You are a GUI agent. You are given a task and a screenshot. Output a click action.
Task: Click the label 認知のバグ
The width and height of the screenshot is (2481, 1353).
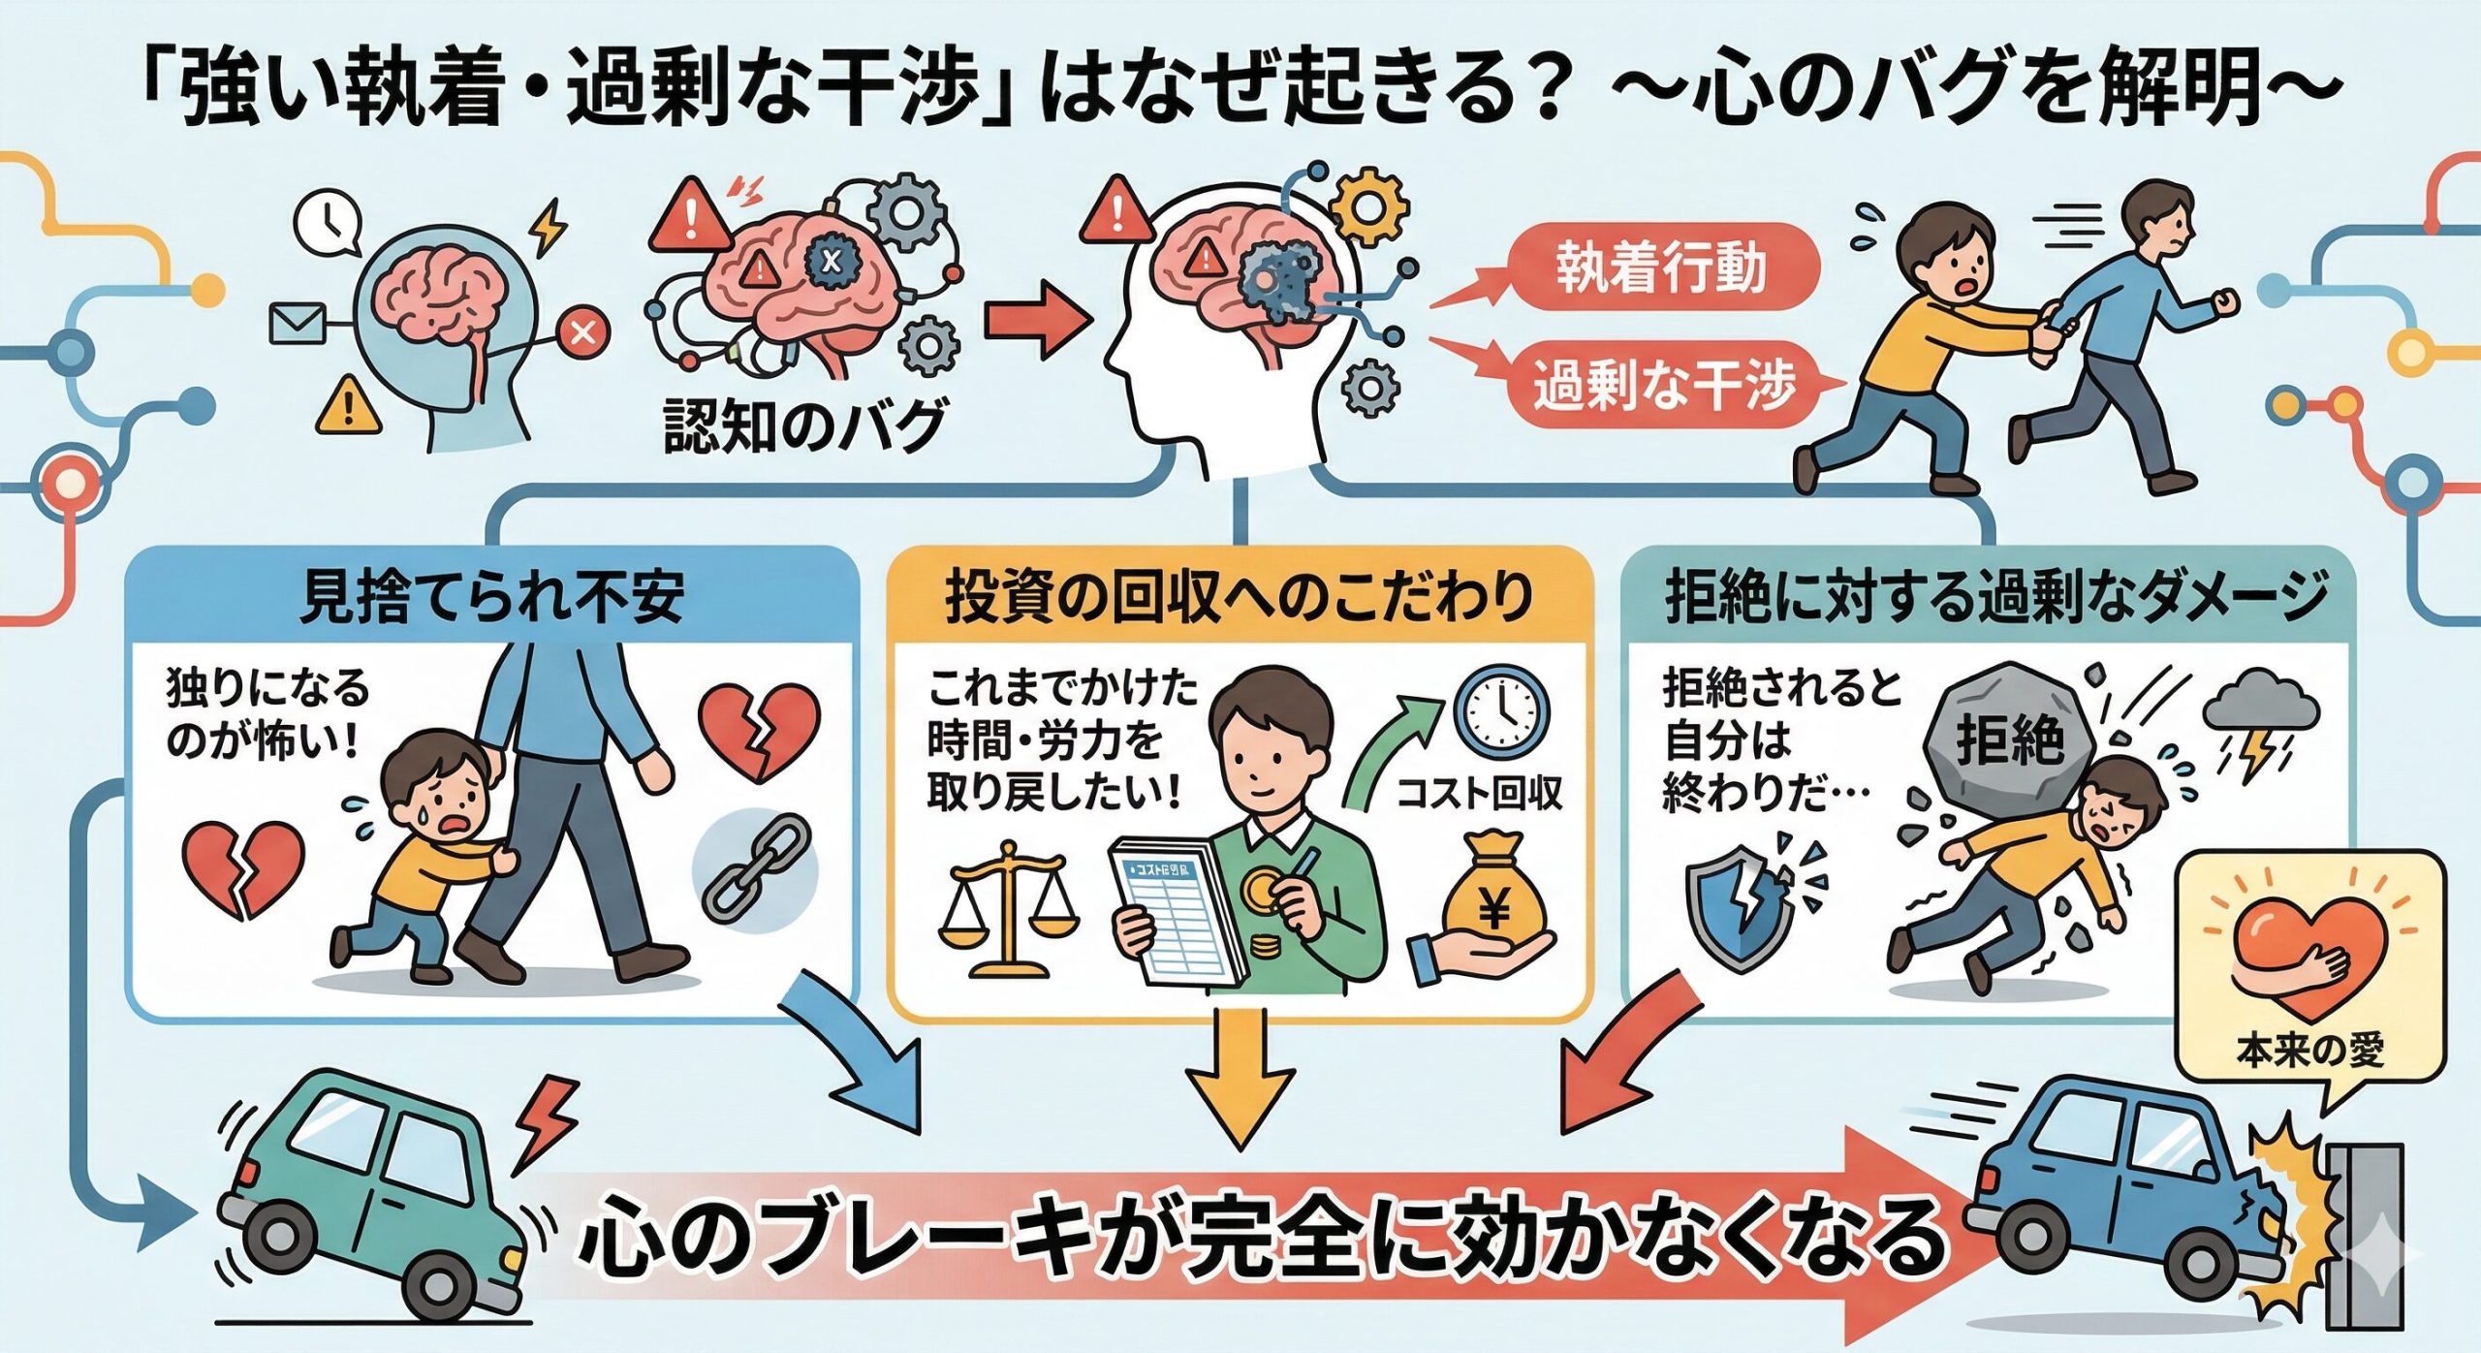(x=803, y=427)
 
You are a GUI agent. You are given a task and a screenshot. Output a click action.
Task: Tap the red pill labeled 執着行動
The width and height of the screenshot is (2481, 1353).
(x=1661, y=267)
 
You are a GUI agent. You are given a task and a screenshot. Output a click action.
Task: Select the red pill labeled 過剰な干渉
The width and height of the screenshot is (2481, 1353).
(x=1663, y=386)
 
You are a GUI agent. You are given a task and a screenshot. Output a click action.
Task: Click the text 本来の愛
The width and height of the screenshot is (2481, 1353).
(x=2309, y=1051)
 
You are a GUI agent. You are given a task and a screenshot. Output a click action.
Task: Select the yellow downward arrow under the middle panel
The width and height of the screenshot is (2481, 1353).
(x=1240, y=1076)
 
